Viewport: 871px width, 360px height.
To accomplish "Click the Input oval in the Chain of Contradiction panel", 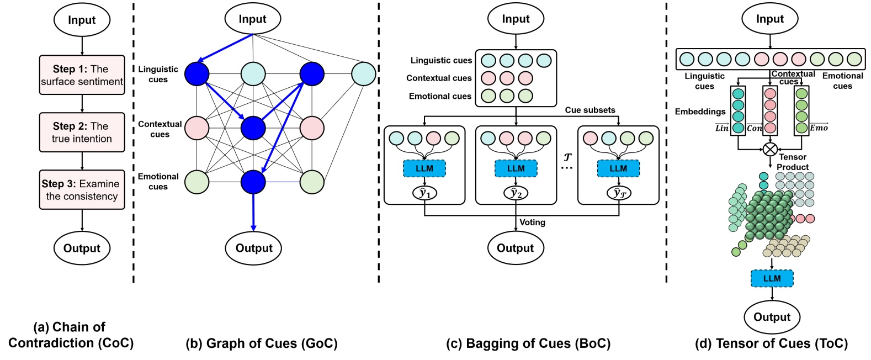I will click(82, 20).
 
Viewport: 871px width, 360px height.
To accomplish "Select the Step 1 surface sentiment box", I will click(82, 75).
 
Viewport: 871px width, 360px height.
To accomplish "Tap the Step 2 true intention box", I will click(82, 133).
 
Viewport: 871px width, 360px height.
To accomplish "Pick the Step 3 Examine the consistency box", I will click(82, 190).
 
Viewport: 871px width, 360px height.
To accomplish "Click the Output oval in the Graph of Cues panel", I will click(253, 248).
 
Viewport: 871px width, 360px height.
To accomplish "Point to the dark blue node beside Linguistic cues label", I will click(196, 74).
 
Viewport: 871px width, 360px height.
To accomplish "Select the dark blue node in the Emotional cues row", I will click(253, 182).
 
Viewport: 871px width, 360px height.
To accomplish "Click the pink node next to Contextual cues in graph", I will click(196, 128).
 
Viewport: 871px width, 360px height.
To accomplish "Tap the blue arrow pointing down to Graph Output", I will click(253, 213).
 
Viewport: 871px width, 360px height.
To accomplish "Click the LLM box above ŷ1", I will click(424, 168).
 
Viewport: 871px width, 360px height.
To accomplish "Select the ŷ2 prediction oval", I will click(516, 193).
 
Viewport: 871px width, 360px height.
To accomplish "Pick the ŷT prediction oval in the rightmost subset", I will click(619, 193).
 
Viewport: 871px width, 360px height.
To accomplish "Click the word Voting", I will click(532, 223).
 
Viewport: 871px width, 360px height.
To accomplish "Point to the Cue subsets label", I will click(589, 110).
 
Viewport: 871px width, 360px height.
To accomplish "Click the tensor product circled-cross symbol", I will click(770, 149).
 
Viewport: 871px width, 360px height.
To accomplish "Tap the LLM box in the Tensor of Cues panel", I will click(772, 278).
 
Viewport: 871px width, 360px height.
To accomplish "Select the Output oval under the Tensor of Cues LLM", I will click(772, 317).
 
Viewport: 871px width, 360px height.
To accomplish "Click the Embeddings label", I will click(700, 112).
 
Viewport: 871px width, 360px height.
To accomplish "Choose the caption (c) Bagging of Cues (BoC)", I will click(528, 343).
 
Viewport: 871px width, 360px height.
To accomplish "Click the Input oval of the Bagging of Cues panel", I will click(516, 19).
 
